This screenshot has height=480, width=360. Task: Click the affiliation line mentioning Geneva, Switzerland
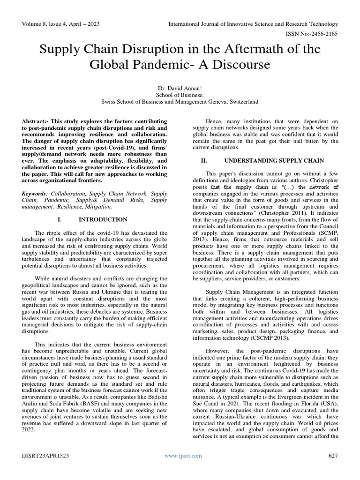180,101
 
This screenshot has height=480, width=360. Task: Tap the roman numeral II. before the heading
204,160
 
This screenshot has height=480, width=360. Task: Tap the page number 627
332,455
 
